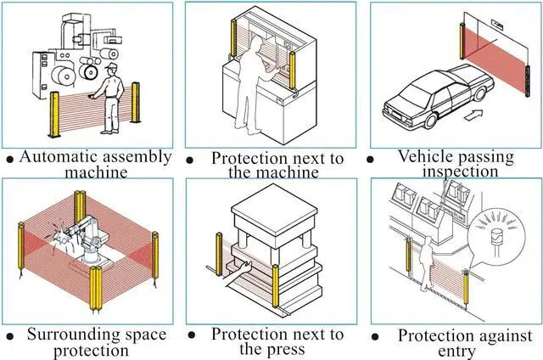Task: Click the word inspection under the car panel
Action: (460, 172)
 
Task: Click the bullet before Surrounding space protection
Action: (8, 337)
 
